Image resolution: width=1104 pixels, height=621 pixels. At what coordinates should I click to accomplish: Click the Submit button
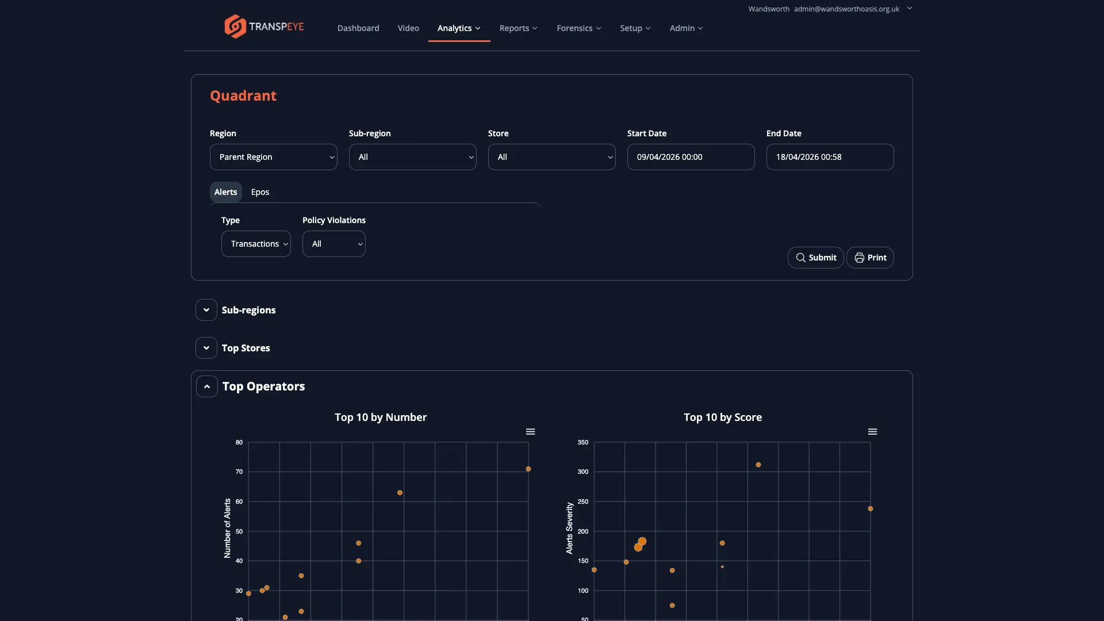coord(815,258)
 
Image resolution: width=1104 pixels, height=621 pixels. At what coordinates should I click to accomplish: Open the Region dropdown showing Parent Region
coord(273,157)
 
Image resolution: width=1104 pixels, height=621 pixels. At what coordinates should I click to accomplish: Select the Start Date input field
coord(691,157)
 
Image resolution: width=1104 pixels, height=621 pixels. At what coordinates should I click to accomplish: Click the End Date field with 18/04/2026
coord(830,157)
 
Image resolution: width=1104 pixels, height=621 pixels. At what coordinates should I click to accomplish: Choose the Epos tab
coord(260,192)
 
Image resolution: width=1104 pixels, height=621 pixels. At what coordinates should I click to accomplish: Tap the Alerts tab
coord(225,192)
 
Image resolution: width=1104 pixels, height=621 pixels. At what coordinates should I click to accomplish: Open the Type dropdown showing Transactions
coord(256,244)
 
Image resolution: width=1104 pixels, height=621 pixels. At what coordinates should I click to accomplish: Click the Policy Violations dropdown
coord(333,244)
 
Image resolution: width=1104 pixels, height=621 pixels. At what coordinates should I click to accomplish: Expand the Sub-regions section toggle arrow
coord(206,310)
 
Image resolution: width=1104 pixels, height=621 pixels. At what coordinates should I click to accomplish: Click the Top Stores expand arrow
coord(206,348)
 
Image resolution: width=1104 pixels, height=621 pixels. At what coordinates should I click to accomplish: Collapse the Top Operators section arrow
coord(207,386)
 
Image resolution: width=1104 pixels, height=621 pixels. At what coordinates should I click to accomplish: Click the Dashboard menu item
coord(358,28)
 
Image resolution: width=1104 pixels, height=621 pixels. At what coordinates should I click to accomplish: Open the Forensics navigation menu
coord(578,28)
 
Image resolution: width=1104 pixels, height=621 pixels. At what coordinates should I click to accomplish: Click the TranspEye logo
coord(264,26)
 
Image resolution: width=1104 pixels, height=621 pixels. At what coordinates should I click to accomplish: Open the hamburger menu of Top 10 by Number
coord(530,432)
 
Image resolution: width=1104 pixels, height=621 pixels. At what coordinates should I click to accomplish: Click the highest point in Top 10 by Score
coord(758,465)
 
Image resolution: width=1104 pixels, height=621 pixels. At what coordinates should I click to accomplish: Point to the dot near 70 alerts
coord(528,469)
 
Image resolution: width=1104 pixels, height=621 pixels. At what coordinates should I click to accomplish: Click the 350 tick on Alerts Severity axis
coord(583,442)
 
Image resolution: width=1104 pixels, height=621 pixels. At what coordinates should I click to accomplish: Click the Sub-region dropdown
coord(412,157)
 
